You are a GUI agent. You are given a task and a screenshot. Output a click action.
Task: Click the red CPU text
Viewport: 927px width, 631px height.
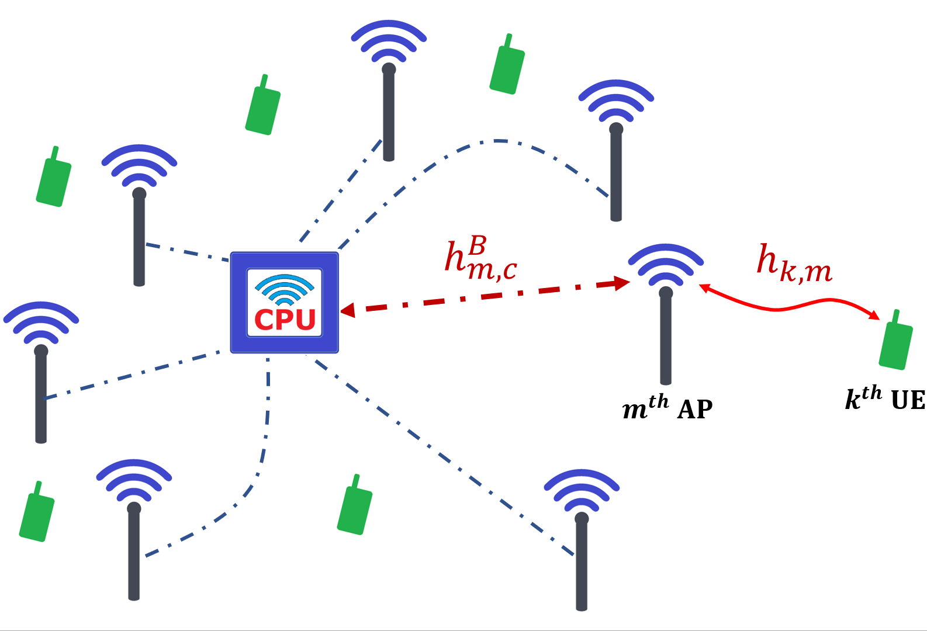click(285, 320)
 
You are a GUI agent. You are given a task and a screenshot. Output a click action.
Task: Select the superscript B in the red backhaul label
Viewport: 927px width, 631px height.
click(477, 246)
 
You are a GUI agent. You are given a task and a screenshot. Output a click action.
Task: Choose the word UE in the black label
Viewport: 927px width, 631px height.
click(908, 401)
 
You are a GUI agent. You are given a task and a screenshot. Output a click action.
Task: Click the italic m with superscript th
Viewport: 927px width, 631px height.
click(645, 407)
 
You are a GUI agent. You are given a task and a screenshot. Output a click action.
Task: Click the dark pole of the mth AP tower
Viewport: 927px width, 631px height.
click(666, 345)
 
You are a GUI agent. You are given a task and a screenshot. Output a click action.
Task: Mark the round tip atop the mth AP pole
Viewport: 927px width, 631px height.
click(666, 293)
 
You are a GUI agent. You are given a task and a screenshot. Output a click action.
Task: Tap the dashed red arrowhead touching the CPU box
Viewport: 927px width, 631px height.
click(348, 310)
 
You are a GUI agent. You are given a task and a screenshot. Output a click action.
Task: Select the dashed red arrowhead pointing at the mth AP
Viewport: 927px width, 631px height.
click(622, 284)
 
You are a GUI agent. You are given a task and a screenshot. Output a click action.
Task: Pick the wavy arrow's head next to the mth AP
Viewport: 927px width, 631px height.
click(705, 287)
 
